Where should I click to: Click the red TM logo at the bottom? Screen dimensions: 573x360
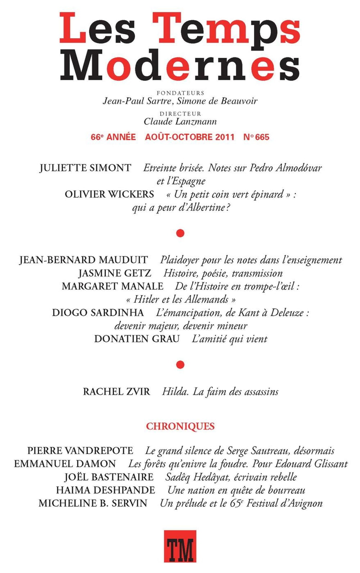click(180, 546)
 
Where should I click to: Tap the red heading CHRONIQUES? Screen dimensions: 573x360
click(180, 426)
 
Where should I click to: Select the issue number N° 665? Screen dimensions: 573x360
click(256, 137)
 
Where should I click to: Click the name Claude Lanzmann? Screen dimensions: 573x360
click(180, 122)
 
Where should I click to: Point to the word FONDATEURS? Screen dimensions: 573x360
click(180, 93)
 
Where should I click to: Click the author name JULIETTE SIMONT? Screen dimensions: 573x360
click(85, 168)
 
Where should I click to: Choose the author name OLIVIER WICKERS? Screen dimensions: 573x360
click(109, 194)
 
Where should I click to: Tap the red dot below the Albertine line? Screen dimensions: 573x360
click(180, 233)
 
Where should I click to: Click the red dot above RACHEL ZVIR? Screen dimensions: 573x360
click(180, 365)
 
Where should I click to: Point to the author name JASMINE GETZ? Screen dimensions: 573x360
click(115, 273)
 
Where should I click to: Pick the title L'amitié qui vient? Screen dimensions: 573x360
click(229, 339)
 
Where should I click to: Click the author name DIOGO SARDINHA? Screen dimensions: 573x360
click(98, 313)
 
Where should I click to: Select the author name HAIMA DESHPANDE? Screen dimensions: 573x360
click(105, 490)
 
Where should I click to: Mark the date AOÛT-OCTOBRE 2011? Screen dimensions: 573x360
click(190, 137)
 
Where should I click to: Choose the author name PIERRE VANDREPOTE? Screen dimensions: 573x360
click(80, 451)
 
